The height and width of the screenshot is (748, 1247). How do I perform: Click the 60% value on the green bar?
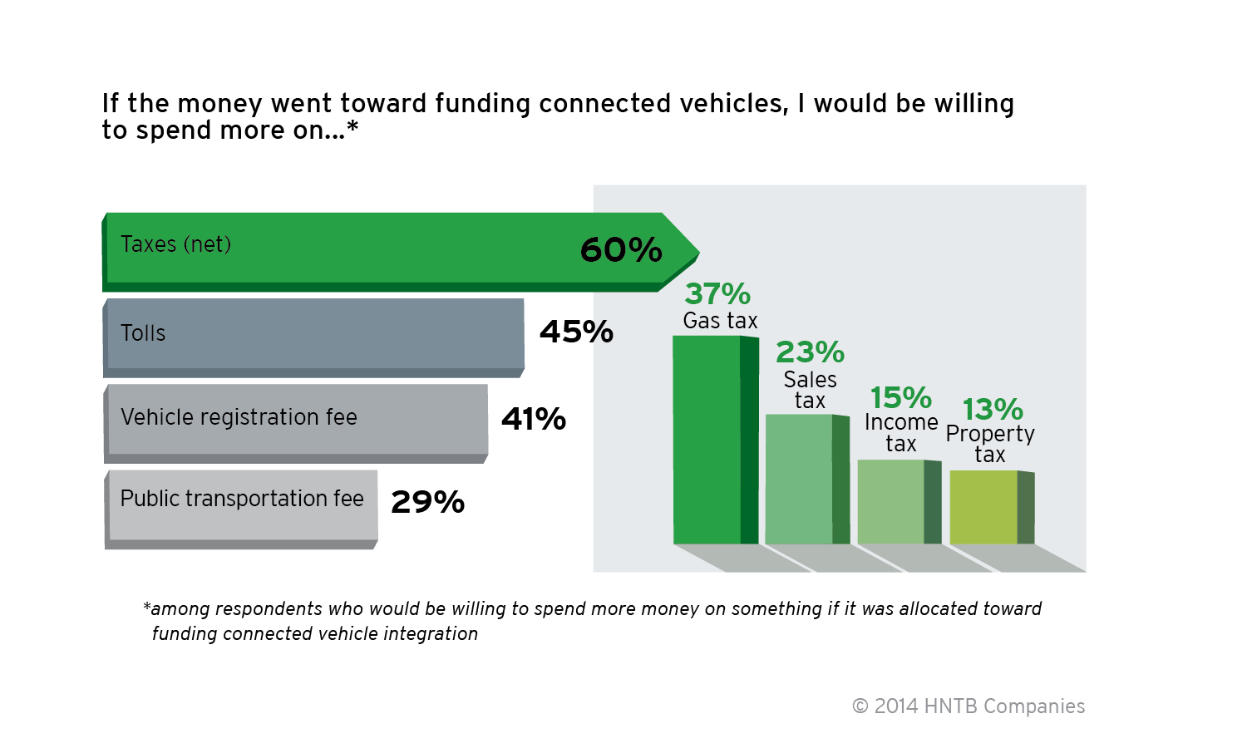[620, 249]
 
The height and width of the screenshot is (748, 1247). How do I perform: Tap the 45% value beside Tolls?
[576, 332]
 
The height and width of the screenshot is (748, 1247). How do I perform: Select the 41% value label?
[533, 419]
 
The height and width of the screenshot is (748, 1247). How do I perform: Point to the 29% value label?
[427, 502]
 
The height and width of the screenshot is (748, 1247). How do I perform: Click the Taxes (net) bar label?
[175, 244]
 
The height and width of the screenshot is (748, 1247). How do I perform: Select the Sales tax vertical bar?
[800, 480]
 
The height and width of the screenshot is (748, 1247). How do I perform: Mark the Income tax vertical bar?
[891, 502]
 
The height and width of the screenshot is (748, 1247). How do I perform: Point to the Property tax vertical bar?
[983, 507]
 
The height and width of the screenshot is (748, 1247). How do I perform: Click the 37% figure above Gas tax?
[717, 293]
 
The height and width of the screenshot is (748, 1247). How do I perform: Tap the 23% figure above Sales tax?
[810, 352]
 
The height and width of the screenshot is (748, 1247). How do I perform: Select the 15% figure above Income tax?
[900, 397]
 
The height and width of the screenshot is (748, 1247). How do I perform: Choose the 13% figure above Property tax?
[992, 409]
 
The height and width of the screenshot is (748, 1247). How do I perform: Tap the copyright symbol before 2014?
[860, 706]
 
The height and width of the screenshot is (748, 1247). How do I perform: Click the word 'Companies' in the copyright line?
[1034, 706]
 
